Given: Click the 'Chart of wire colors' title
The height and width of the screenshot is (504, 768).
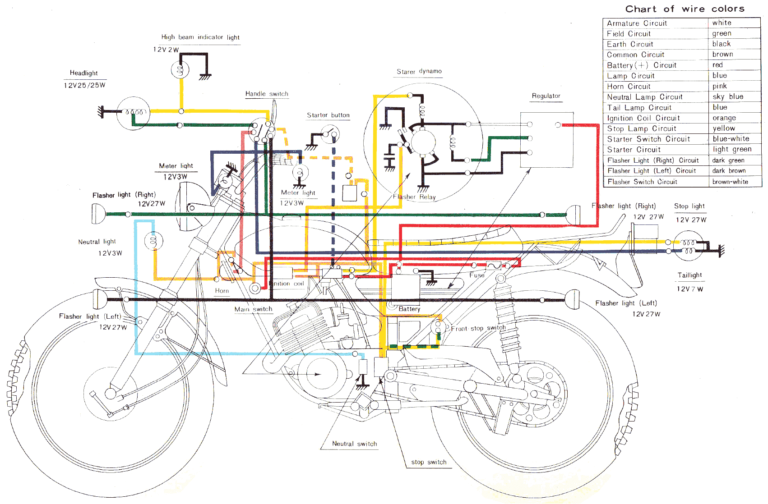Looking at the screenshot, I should pyautogui.click(x=685, y=9).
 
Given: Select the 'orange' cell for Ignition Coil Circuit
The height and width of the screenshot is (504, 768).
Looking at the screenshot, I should pyautogui.click(x=724, y=118).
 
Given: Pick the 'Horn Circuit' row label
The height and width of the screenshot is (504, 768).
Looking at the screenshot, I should pyautogui.click(x=629, y=87).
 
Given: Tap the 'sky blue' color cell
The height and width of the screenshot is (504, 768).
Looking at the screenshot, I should pyautogui.click(x=728, y=97).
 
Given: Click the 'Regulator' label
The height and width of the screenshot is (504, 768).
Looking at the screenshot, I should pyautogui.click(x=546, y=96).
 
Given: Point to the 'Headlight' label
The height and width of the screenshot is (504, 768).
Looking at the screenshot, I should pyautogui.click(x=83, y=73).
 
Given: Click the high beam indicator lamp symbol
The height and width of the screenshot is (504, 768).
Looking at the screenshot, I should pyautogui.click(x=180, y=70).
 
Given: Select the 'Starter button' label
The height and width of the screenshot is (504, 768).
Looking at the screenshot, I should pyautogui.click(x=328, y=115).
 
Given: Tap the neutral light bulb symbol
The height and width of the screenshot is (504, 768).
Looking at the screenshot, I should pyautogui.click(x=153, y=241).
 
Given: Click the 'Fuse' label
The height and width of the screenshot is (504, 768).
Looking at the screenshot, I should pyautogui.click(x=477, y=275).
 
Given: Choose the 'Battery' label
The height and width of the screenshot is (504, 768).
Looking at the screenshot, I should pyautogui.click(x=409, y=309).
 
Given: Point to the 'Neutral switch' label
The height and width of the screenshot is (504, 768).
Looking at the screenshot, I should pyautogui.click(x=354, y=444).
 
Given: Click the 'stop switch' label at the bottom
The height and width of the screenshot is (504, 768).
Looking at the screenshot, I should pyautogui.click(x=429, y=462).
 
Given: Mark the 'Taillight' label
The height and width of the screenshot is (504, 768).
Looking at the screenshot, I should pyautogui.click(x=689, y=275).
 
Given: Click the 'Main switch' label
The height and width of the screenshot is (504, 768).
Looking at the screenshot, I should pyautogui.click(x=253, y=309).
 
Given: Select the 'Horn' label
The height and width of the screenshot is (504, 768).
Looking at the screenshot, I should pyautogui.click(x=222, y=291).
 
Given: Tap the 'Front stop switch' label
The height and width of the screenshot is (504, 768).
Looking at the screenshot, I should pyautogui.click(x=478, y=328).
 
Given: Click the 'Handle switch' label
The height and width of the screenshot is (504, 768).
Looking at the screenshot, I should pyautogui.click(x=267, y=94).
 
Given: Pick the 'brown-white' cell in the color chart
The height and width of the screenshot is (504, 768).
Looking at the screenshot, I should pyautogui.click(x=730, y=182).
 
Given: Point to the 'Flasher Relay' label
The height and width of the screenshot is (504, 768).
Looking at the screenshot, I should pyautogui.click(x=414, y=197).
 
